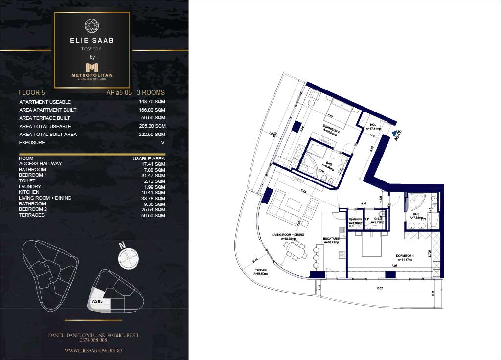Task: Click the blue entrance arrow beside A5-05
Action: tap(394, 133)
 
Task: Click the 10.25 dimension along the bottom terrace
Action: tap(379, 288)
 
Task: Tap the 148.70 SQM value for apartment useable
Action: tap(153, 102)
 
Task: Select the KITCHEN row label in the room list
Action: tap(29, 192)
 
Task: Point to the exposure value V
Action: tap(163, 143)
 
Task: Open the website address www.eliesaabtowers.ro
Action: tap(93, 351)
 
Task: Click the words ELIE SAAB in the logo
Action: tap(92, 41)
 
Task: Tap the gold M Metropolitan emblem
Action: tap(92, 67)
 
